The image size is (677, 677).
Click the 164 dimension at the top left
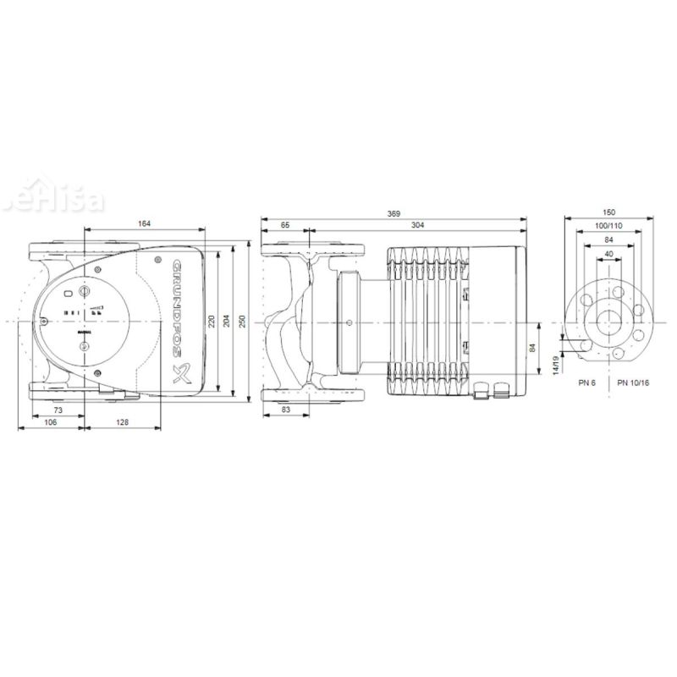(144, 223)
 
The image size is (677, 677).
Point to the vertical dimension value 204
(226, 322)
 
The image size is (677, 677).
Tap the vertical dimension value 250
(243, 322)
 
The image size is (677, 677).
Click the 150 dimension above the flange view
(609, 212)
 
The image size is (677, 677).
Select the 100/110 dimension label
(609, 227)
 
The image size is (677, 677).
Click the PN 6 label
(588, 383)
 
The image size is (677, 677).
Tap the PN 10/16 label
(633, 383)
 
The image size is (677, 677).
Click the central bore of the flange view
(609, 322)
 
